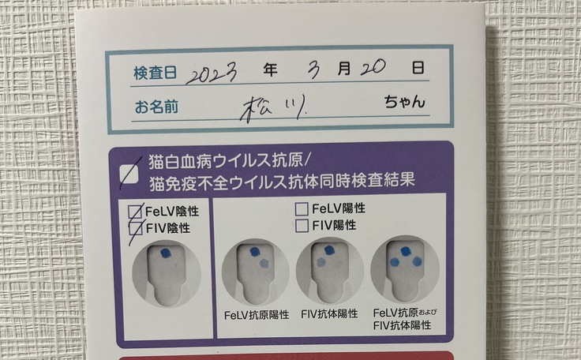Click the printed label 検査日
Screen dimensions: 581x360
click(155, 73)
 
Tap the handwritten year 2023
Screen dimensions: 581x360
click(212, 74)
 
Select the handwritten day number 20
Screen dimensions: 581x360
click(373, 67)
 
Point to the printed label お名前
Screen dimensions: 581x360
click(156, 107)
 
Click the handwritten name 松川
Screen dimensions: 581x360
click(272, 108)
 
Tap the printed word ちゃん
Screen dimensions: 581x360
click(404, 102)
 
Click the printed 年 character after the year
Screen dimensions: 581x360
click(270, 69)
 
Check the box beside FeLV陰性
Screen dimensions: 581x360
click(135, 212)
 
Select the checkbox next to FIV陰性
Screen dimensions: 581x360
click(135, 228)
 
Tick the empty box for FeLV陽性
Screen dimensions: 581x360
click(302, 209)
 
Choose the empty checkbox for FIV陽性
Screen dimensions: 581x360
click(302, 226)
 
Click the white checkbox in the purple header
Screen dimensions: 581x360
click(129, 174)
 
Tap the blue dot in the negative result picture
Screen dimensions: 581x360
click(166, 253)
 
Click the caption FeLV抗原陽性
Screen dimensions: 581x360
click(257, 315)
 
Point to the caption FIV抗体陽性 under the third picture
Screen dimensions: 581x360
click(329, 314)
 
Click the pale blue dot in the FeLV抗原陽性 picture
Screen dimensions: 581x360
click(264, 263)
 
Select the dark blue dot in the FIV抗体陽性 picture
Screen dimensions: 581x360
click(329, 250)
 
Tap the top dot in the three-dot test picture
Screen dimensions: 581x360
click(406, 251)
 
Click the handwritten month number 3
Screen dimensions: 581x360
click(314, 69)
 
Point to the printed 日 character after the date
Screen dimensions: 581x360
click(418, 67)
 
